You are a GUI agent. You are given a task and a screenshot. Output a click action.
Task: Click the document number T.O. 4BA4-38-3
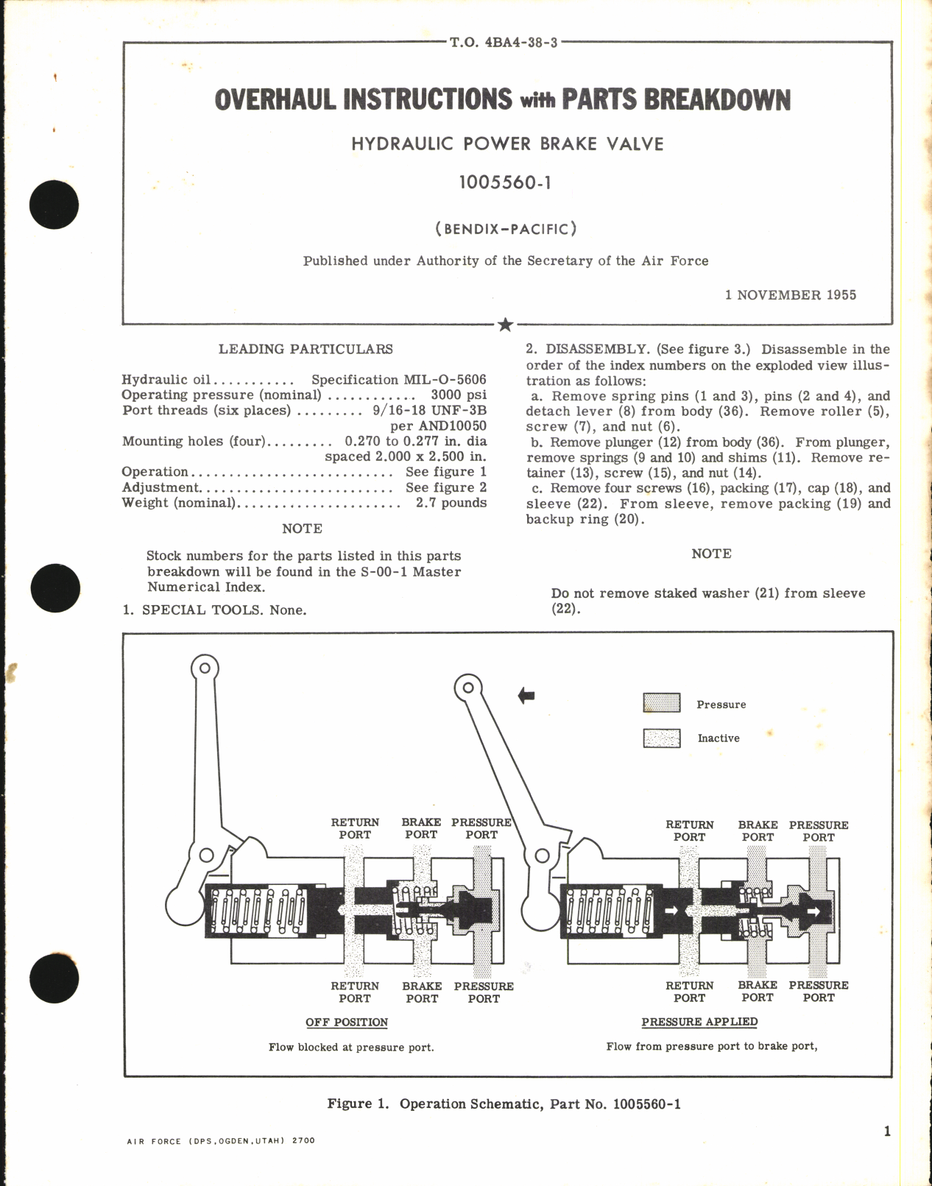(504, 43)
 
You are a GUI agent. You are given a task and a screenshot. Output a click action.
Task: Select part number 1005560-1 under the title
(505, 183)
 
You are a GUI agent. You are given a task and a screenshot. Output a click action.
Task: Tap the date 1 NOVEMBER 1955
(791, 294)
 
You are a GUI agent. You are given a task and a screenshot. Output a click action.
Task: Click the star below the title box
(505, 325)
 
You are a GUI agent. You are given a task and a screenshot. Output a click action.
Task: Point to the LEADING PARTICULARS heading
(306, 349)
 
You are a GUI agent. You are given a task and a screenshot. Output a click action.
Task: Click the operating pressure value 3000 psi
(458, 395)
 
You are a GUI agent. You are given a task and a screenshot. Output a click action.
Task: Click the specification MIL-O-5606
(398, 379)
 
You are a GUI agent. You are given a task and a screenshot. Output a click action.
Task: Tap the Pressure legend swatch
(661, 703)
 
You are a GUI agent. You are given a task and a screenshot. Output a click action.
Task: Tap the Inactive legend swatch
(661, 738)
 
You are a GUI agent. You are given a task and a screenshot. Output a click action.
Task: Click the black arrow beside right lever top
(526, 695)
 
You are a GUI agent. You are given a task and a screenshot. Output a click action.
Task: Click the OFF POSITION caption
(347, 1022)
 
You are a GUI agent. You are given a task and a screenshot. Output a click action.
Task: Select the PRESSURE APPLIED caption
(699, 1021)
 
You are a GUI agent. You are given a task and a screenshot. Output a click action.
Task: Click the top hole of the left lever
(205, 668)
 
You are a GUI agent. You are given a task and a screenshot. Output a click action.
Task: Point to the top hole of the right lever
(467, 688)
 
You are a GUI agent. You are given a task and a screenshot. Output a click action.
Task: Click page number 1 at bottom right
(886, 1131)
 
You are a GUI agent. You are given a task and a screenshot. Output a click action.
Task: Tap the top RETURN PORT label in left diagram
(355, 828)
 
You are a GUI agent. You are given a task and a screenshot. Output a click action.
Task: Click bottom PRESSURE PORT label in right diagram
(818, 991)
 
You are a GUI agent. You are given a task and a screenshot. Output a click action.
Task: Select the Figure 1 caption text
(504, 1104)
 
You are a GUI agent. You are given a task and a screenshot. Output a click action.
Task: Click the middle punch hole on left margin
(55, 587)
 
